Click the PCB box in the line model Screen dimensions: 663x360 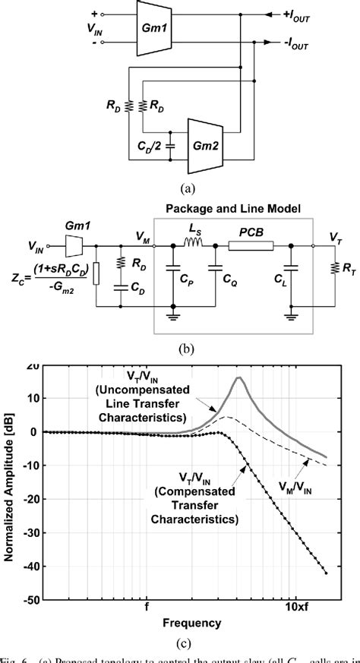tap(251, 245)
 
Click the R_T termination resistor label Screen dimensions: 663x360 tap(346, 267)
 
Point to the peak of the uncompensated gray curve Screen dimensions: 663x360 tap(238, 377)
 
